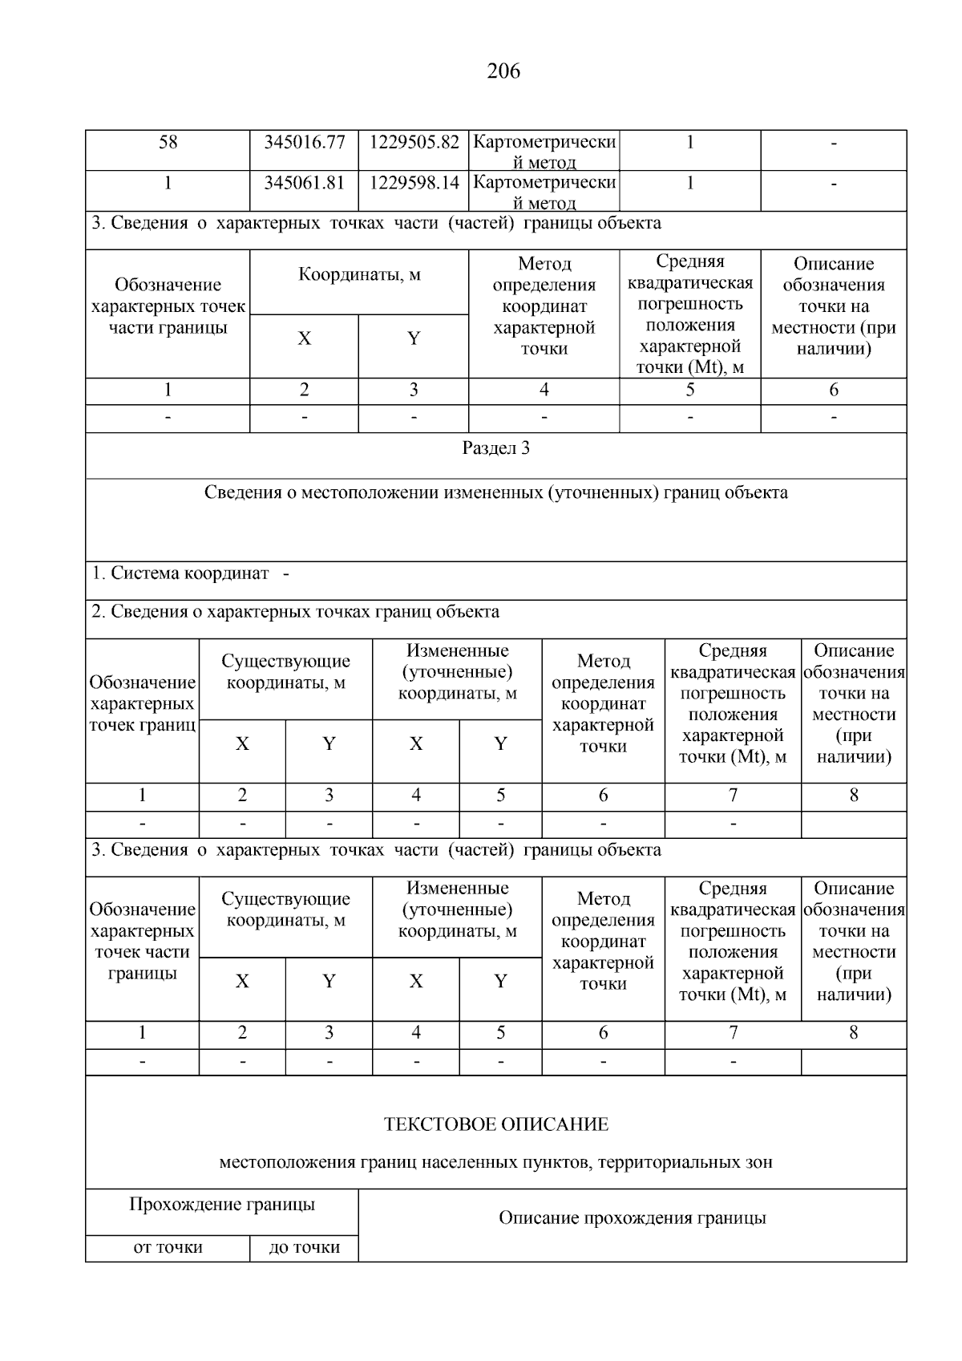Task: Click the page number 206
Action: (503, 71)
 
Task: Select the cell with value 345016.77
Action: (304, 143)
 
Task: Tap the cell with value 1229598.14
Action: (414, 183)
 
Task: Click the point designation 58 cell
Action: (168, 143)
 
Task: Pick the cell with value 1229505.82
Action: (414, 143)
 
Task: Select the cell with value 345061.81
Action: (304, 183)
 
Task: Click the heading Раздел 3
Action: (495, 448)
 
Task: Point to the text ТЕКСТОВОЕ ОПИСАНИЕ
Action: (495, 1124)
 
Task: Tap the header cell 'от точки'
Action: (168, 1247)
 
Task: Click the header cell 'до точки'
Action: (304, 1247)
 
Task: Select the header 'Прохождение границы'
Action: (222, 1205)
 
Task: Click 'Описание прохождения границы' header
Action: (632, 1218)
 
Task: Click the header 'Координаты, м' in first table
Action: (359, 275)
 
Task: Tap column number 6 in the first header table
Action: (833, 390)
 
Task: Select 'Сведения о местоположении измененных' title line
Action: (495, 492)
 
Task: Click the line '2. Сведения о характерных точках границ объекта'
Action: (295, 612)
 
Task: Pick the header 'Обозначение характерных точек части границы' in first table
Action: (168, 306)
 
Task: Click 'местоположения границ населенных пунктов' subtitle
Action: (495, 1162)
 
